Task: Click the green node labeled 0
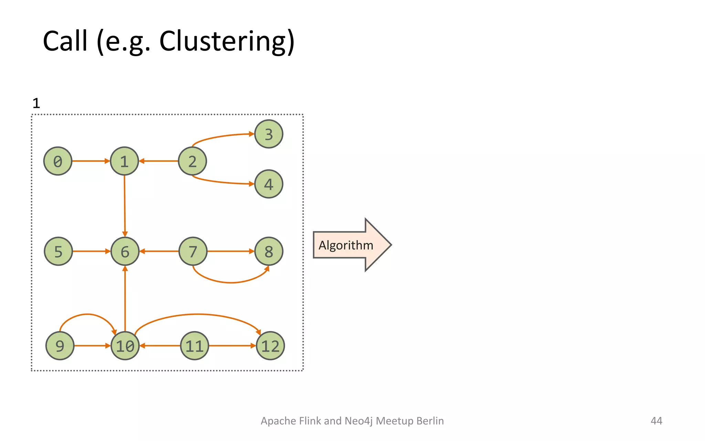[x=58, y=161]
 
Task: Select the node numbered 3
[x=269, y=134]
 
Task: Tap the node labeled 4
[x=269, y=184]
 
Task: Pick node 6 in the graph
[x=125, y=252]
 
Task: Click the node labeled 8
[x=269, y=252]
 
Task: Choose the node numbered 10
[x=125, y=346]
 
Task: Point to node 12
[x=270, y=346]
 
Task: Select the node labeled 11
[x=194, y=346]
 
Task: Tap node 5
[x=59, y=252]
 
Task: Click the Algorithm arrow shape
[x=348, y=245]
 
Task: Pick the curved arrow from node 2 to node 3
[x=220, y=136]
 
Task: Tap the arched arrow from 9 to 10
[x=87, y=314]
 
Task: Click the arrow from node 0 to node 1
[x=90, y=161]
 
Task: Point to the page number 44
[x=656, y=421]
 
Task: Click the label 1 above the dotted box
[x=36, y=103]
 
